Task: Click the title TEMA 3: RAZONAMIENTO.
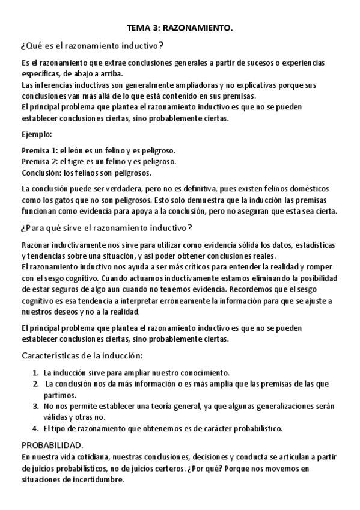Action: [x=180, y=28]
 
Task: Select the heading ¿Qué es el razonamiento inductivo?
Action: [x=93, y=46]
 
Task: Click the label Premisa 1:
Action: [x=40, y=150]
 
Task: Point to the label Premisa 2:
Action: [x=40, y=161]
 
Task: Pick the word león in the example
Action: [x=82, y=150]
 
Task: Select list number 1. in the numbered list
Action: [x=36, y=372]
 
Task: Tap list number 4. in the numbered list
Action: [x=36, y=428]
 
